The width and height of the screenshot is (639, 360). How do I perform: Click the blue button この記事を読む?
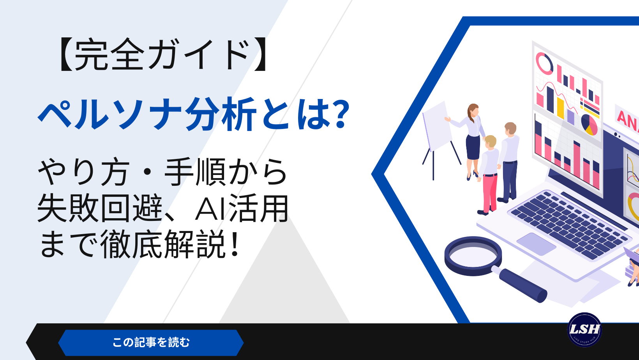(151, 342)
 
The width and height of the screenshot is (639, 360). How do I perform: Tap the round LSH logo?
(584, 330)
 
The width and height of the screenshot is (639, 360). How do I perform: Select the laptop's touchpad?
(536, 244)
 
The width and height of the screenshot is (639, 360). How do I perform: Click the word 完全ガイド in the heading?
(161, 55)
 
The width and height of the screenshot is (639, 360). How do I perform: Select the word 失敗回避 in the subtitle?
(100, 208)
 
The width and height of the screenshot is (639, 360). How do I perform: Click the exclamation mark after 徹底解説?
(235, 244)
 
